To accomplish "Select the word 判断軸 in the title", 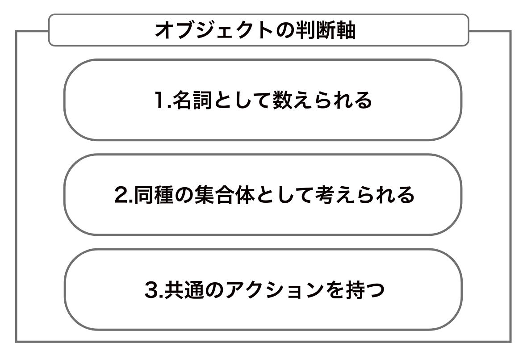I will tap(326, 30).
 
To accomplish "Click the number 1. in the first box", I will tap(161, 101).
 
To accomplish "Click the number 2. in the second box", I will tap(120, 196).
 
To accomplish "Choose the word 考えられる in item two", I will tap(366, 196).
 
